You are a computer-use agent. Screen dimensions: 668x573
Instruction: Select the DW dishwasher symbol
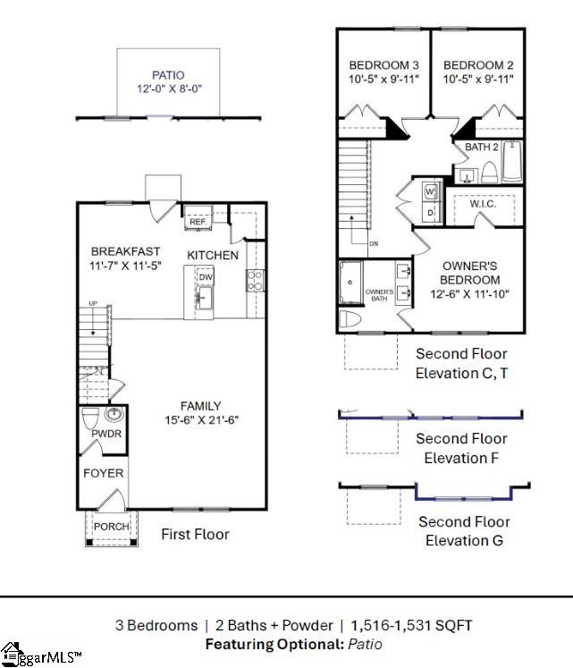tap(205, 278)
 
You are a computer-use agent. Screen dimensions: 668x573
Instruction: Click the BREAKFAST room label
tap(126, 251)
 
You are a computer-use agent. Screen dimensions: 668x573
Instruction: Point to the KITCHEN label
tap(213, 255)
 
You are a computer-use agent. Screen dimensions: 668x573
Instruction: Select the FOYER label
tap(104, 473)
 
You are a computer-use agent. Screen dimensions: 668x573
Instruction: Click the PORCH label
tap(111, 526)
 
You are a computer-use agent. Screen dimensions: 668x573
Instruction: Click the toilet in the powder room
tap(90, 418)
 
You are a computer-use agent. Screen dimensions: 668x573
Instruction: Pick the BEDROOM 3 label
tap(383, 65)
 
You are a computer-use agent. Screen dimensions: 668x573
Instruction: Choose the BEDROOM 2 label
tap(478, 65)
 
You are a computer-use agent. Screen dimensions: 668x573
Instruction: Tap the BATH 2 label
tap(483, 146)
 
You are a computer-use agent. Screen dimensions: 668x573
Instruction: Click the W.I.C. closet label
tap(482, 204)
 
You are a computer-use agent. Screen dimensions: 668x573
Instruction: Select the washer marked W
tap(429, 193)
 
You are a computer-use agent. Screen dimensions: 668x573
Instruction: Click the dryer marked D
tap(429, 213)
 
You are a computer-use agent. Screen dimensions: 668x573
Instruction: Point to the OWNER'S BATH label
tap(380, 296)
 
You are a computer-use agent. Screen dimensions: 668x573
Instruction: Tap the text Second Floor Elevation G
tap(464, 530)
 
